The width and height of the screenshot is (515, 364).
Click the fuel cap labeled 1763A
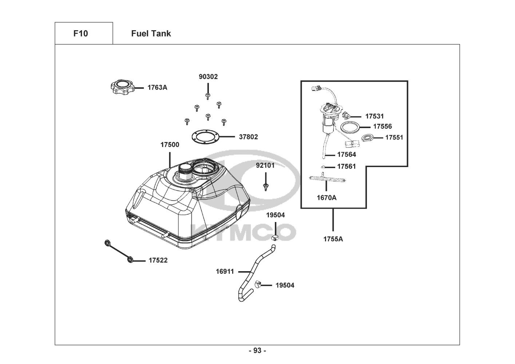point(123,87)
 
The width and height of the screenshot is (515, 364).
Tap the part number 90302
point(208,76)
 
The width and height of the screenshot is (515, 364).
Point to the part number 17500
point(170,145)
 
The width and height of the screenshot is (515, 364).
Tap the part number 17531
point(375,116)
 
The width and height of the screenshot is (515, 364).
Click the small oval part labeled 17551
point(367,138)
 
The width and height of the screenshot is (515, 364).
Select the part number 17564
point(346,154)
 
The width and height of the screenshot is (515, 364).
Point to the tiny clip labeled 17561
point(323,167)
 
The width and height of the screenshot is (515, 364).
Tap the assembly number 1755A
point(333,239)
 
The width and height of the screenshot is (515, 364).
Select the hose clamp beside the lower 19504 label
point(258,285)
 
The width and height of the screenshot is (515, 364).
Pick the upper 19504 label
point(276,215)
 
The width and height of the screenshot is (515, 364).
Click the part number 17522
point(158,260)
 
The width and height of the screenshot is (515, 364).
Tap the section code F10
point(80,33)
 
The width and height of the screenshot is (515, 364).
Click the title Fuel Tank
point(151,33)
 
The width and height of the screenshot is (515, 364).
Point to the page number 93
point(258,351)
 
